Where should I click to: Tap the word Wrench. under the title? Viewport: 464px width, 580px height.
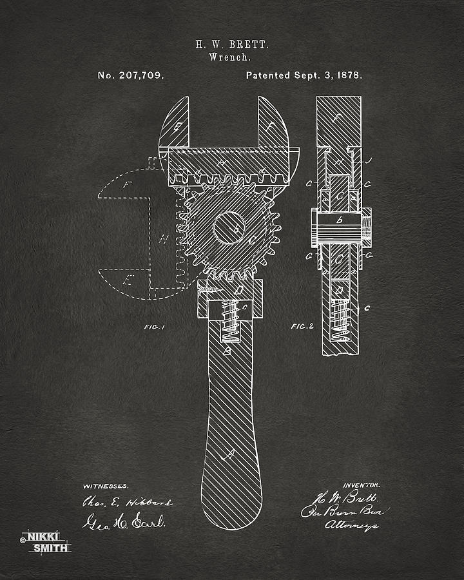(231, 57)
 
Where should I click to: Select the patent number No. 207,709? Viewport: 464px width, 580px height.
(131, 75)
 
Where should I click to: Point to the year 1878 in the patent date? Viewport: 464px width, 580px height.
(349, 75)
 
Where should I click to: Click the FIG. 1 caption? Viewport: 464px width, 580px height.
(155, 327)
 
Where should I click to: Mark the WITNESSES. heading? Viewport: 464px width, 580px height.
(106, 485)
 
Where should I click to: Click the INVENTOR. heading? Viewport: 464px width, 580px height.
(362, 485)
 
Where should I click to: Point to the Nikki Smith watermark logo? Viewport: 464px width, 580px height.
(45, 541)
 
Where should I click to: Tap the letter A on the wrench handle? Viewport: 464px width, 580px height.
(227, 455)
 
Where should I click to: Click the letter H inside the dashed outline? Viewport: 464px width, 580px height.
(164, 240)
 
